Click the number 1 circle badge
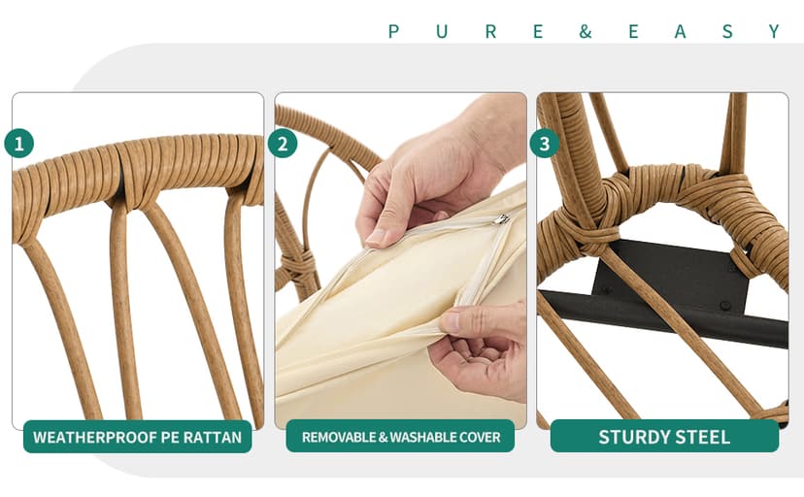click(19, 143)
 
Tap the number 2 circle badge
click(283, 143)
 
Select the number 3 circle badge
click(545, 143)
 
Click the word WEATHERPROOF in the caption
click(95, 437)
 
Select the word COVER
click(480, 437)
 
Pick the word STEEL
click(702, 437)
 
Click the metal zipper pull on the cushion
click(500, 219)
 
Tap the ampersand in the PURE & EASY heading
click(586, 32)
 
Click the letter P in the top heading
click(394, 32)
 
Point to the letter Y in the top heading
click(774, 32)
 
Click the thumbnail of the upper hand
click(376, 237)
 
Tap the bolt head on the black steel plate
click(725, 306)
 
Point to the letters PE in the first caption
click(170, 437)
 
